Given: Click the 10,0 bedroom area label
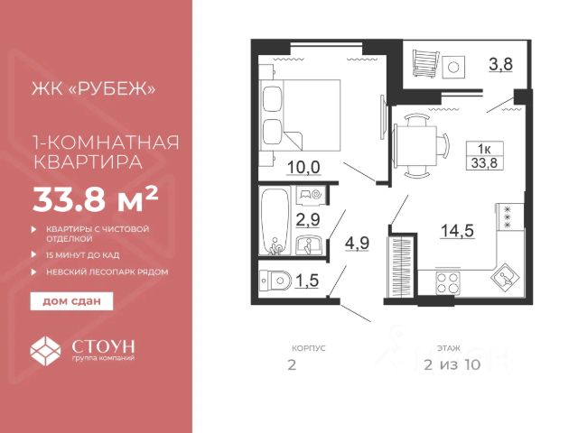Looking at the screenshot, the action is click(303, 168).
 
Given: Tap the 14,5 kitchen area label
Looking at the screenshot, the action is click(457, 231).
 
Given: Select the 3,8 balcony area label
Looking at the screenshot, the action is click(500, 64).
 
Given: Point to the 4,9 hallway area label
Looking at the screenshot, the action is click(358, 243).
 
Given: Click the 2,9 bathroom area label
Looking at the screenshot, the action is click(308, 220).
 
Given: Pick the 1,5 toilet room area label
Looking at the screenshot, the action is click(307, 281).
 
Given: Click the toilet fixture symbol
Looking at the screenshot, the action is click(275, 281).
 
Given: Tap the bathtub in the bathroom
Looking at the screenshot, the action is click(275, 222).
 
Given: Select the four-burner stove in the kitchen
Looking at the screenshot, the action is click(447, 283).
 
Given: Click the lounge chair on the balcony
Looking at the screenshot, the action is click(426, 63).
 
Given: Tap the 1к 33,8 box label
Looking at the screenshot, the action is click(485, 155).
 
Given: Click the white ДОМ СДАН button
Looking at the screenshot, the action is click(71, 301).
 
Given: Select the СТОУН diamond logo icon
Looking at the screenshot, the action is click(45, 350).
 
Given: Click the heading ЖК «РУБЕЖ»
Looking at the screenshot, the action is click(94, 88).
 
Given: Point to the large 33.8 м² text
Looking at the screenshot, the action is click(96, 199).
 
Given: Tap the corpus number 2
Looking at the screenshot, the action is click(292, 364).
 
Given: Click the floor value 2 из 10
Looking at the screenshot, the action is click(452, 364).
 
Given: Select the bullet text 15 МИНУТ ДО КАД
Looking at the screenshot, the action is click(82, 254).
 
